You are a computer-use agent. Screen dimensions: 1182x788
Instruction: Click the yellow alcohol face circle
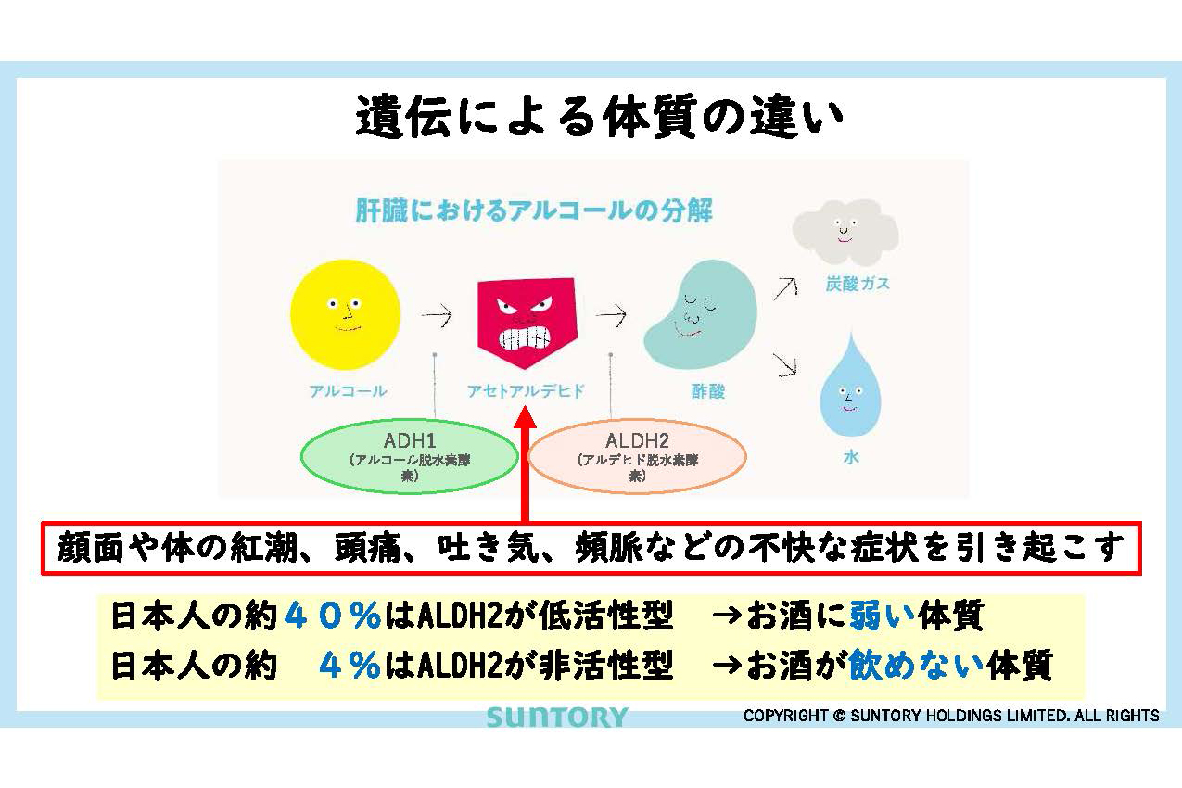point(345,314)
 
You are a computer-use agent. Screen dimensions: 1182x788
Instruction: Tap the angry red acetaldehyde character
point(527,322)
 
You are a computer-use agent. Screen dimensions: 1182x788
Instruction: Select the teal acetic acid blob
point(700,314)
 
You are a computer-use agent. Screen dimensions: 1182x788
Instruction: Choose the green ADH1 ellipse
point(410,456)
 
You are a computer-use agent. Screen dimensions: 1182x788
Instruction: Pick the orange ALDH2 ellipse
point(637,456)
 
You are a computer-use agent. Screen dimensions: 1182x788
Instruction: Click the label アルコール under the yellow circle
point(348,391)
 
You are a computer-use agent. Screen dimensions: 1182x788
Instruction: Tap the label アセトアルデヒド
point(526,391)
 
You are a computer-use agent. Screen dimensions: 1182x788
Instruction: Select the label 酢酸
point(708,391)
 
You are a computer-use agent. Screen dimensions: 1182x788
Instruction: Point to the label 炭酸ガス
point(858,284)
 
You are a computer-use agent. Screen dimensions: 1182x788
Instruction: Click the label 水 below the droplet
point(851,458)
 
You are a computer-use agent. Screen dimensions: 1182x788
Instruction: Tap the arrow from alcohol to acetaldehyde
point(437,315)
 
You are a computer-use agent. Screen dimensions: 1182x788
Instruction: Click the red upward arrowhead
point(525,417)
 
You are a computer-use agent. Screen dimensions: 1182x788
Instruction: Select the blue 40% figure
point(333,616)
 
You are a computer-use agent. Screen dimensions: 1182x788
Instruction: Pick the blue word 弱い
point(882,616)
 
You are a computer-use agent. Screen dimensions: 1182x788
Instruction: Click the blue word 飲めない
point(917,665)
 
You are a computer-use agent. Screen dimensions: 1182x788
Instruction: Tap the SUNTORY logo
point(557,718)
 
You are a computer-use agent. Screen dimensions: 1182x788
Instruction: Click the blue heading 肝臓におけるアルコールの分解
point(534,210)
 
